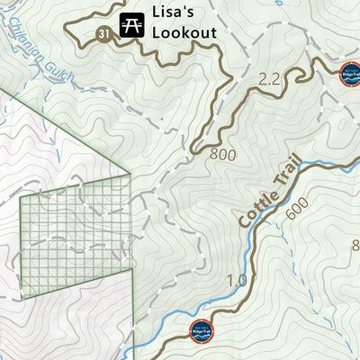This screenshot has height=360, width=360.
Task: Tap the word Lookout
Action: pos(184,33)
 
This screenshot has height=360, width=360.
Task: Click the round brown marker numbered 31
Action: pos(103,34)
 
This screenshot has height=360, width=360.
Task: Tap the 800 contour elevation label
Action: pos(222,155)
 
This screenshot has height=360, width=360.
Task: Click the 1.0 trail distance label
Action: pos(237,281)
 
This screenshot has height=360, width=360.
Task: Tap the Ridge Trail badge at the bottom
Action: pos(202,331)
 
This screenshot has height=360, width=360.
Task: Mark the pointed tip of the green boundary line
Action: pos(131,172)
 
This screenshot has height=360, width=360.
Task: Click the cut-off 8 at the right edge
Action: pos(355,245)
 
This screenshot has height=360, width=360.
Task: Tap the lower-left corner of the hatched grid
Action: pos(22,295)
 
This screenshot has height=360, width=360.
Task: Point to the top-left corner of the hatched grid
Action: pos(20,197)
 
